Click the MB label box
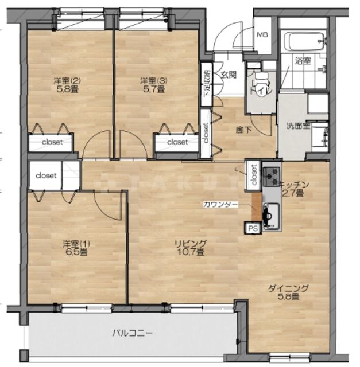[x=262, y=34]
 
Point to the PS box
[x=253, y=228]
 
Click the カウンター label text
[x=216, y=204]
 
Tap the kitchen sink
[x=269, y=215]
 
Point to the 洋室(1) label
[x=76, y=243]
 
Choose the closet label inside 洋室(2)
[x=52, y=141]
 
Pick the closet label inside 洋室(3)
[x=177, y=141]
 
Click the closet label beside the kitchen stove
[x=254, y=175]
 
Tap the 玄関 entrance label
[x=227, y=74]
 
